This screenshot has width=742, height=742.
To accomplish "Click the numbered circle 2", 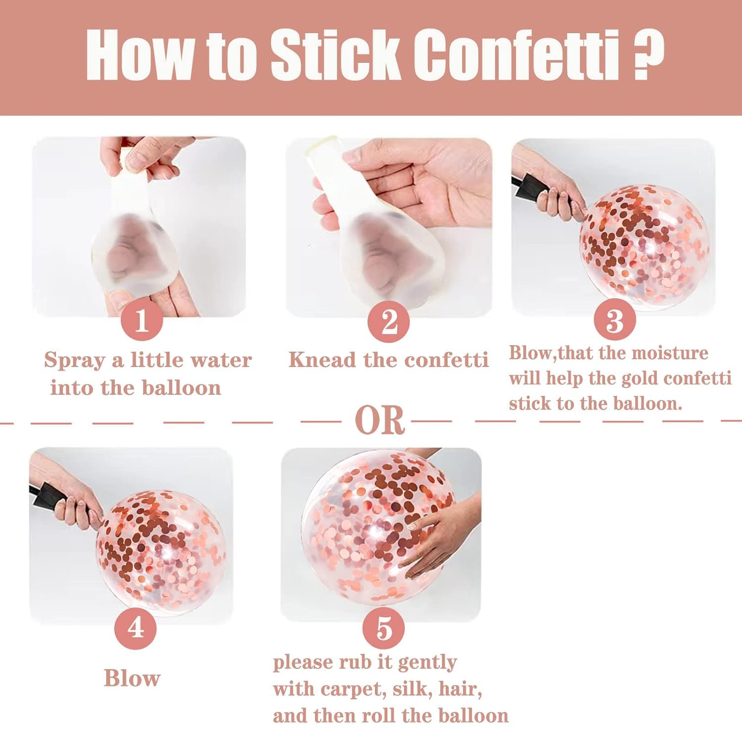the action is tap(389, 321).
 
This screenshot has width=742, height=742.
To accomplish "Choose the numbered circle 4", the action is tap(135, 628).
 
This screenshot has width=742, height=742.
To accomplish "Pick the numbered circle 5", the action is tap(383, 629).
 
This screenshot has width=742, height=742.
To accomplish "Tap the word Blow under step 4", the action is tap(132, 678).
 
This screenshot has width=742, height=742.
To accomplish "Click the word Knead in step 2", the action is tap(322, 360).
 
